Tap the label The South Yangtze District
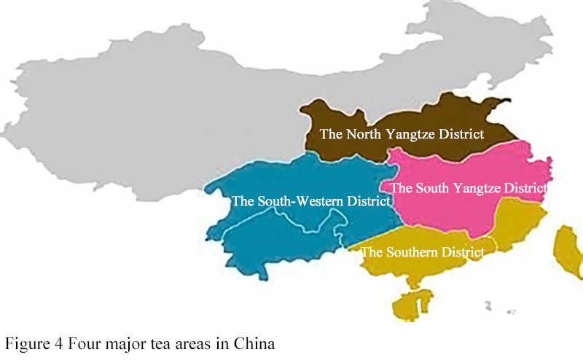(x=469, y=187)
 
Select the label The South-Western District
(x=310, y=201)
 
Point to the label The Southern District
(x=423, y=253)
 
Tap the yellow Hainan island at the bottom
(x=409, y=306)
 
